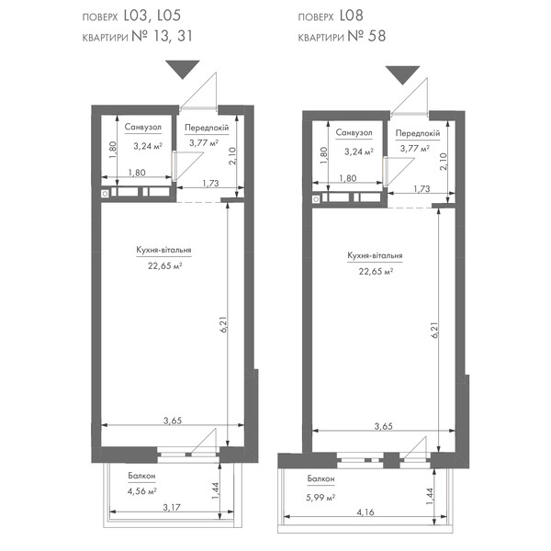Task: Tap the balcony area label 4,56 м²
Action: [142, 491]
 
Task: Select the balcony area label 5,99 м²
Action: [320, 498]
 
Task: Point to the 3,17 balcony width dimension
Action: [172, 507]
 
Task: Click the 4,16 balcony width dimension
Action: [365, 512]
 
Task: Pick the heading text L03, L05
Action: [152, 16]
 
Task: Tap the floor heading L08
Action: [352, 16]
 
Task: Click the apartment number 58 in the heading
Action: [377, 36]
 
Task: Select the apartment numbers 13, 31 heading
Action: [173, 36]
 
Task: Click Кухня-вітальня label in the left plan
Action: [163, 250]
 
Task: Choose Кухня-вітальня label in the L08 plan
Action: [375, 255]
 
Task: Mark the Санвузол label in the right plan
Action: [354, 132]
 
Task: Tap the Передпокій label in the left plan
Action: [207, 128]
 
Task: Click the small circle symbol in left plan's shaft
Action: [105, 193]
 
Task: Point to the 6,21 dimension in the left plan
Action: [224, 325]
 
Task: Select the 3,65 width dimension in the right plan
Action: [383, 426]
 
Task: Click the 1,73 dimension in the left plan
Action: [210, 183]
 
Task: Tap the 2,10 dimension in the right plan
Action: [444, 162]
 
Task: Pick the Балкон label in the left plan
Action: [141, 476]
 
